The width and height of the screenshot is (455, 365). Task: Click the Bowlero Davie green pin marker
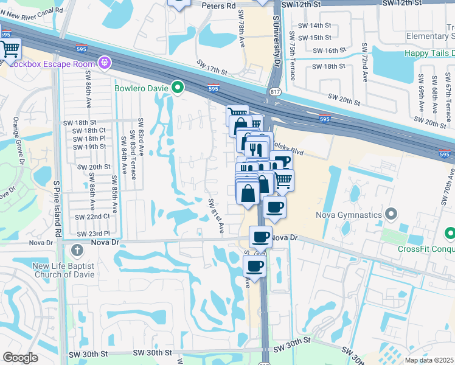(x=178, y=88)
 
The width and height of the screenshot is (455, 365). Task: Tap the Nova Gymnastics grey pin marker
(x=391, y=214)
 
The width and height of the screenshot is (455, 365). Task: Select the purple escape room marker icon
(x=105, y=62)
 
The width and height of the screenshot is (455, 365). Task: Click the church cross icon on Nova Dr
(x=77, y=249)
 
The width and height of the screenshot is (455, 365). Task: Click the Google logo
(x=20, y=358)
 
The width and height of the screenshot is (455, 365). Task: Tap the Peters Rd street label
(x=223, y=6)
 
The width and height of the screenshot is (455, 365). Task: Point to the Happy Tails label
(x=429, y=54)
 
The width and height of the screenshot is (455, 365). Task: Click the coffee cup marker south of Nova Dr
(x=254, y=265)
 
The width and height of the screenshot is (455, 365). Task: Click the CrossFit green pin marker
(x=449, y=233)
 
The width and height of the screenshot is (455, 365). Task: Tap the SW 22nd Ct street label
(x=92, y=217)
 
